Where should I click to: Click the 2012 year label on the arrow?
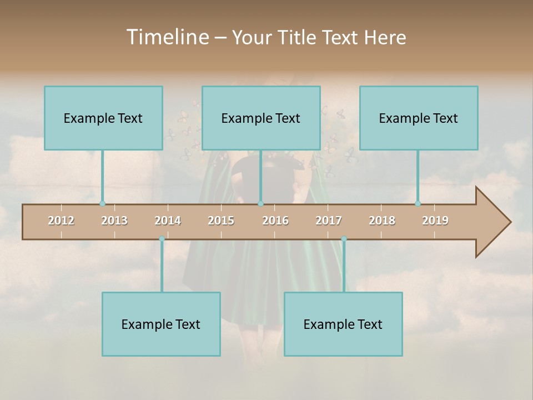pos(61,221)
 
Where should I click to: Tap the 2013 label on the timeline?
pos(114,221)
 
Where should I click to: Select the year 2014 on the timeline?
pos(168,221)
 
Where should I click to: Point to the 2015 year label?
pos(221,221)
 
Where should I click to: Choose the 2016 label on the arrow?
pos(275,221)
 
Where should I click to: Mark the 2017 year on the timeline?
pos(329,221)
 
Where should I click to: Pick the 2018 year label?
pos(382,221)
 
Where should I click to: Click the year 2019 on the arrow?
pos(435,221)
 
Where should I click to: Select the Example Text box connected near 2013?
pos(103,118)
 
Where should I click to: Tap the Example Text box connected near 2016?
pos(261,118)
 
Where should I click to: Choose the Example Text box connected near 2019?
pos(419,118)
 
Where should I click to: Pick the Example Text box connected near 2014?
pos(161,324)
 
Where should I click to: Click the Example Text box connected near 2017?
pos(343,324)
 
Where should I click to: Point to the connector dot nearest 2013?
pos(102,204)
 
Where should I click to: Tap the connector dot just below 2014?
pos(162,239)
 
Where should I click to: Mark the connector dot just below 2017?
pos(344,239)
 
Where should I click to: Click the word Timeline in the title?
pos(166,37)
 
